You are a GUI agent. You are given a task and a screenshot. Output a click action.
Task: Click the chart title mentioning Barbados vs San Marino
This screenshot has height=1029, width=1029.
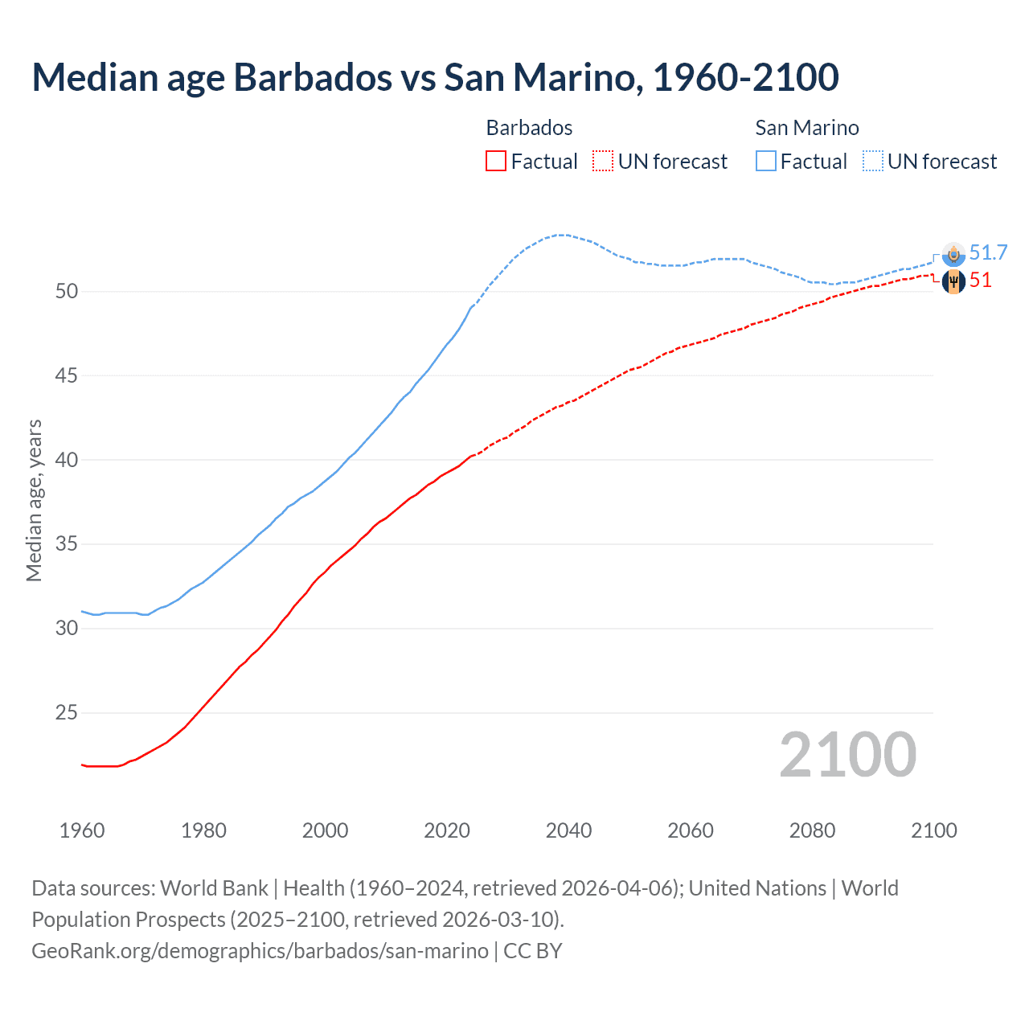coord(435,77)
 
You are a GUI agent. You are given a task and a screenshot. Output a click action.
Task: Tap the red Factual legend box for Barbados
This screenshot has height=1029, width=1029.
coord(496,161)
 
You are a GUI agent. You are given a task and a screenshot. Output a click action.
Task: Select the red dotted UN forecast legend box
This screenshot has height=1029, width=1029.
coord(603,161)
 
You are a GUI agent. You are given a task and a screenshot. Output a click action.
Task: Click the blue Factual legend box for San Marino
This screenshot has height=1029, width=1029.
coord(766,161)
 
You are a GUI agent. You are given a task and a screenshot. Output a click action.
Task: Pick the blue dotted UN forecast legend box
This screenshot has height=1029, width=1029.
coord(873,161)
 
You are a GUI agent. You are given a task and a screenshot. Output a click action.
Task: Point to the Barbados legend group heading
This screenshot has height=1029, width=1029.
coord(529,128)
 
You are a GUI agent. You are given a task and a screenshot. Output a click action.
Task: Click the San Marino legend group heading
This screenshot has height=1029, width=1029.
coord(806,128)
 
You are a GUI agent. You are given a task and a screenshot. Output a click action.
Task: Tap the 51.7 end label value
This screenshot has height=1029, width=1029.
coord(988,252)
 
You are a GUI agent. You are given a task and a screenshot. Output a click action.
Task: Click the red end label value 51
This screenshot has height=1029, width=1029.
coord(980,281)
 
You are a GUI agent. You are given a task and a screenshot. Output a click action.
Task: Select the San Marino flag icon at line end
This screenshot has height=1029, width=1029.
coord(953,254)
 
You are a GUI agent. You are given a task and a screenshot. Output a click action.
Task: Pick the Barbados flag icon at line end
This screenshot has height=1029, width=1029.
coord(953,281)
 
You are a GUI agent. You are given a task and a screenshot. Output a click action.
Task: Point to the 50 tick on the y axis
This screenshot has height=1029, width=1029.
coord(67,291)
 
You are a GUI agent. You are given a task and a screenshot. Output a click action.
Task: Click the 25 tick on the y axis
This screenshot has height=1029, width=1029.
coord(67,712)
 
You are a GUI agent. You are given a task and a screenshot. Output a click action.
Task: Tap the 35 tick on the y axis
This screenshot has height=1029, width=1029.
coord(67,544)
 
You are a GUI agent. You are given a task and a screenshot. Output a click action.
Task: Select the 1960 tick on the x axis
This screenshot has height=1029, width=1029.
coord(82,830)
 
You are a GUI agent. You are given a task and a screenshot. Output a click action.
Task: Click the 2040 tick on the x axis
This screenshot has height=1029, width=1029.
coord(568,830)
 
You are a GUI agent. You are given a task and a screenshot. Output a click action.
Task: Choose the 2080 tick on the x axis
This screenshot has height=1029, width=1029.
coord(812,830)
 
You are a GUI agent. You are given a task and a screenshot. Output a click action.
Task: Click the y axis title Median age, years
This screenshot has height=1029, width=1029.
coord(34,500)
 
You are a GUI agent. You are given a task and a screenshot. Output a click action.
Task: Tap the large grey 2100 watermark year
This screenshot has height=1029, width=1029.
coord(847,754)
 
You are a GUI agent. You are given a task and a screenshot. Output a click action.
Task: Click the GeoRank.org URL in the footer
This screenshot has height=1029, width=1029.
coord(260,950)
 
